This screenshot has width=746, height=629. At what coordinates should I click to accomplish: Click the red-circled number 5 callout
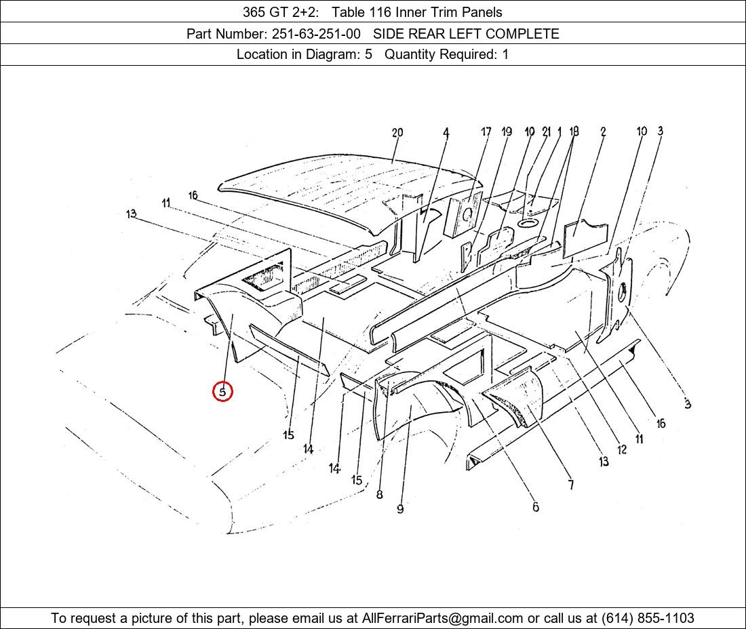click(222, 392)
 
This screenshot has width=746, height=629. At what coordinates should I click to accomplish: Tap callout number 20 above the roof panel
click(397, 133)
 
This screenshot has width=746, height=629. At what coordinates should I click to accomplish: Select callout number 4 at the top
click(446, 133)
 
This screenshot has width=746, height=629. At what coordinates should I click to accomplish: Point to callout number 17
click(486, 131)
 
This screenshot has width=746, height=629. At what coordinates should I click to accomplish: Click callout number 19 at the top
click(507, 131)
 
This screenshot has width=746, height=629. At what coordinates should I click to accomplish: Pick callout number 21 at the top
click(547, 131)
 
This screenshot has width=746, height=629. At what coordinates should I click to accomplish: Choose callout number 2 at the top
click(603, 131)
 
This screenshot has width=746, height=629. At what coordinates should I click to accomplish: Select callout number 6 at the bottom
click(536, 507)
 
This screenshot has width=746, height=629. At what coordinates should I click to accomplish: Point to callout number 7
click(571, 485)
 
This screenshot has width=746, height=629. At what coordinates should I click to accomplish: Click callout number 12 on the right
click(622, 449)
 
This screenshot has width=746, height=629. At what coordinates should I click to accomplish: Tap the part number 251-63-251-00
click(316, 34)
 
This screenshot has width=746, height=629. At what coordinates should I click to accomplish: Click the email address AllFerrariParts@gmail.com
click(442, 618)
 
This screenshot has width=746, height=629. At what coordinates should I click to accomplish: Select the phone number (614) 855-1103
click(648, 618)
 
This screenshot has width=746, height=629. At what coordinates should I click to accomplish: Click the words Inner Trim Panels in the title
click(449, 12)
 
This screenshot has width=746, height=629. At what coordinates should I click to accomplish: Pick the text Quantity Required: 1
click(446, 54)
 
